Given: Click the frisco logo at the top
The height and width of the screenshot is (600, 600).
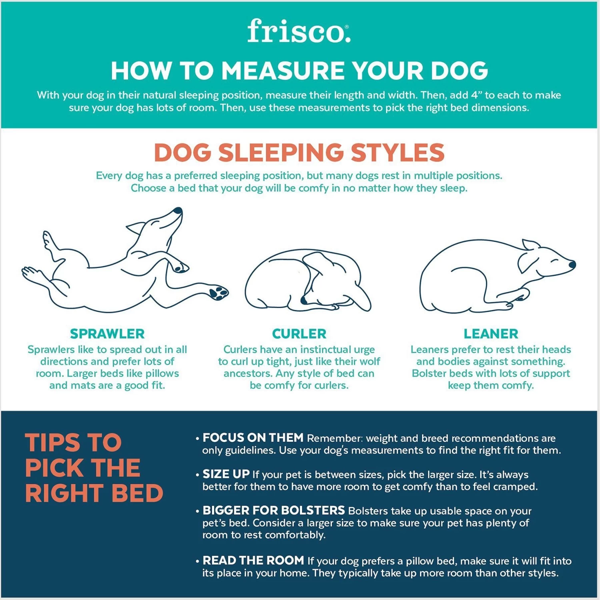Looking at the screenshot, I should click(298, 31).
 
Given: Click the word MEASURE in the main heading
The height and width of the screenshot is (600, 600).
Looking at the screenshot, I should click(283, 71).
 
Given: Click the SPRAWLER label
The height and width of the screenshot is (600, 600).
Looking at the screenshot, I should click(107, 334).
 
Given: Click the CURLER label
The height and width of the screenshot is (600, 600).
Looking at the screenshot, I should click(299, 334).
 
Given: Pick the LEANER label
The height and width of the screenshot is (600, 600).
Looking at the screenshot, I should click(491, 334).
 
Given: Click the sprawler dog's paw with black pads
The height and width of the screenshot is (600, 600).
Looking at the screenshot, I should click(218, 293).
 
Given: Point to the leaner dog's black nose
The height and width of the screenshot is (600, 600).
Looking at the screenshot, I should click(572, 264).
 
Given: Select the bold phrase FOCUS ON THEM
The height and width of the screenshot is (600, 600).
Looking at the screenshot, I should click(253, 438).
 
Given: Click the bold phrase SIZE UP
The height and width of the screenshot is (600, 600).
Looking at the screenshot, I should click(226, 474).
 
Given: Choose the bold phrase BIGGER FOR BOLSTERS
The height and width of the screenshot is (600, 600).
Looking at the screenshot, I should click(274, 510).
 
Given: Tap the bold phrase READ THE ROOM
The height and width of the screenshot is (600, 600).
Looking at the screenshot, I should click(253, 560).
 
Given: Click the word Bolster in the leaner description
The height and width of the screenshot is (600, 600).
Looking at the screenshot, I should click(429, 374).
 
